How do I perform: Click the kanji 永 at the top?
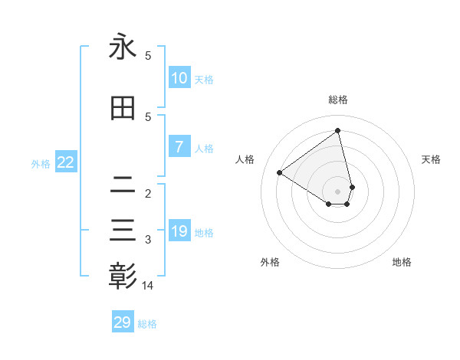[x=123, y=47]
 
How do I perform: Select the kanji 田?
[x=123, y=109]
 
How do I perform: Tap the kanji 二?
[x=123, y=184]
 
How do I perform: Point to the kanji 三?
[x=123, y=230]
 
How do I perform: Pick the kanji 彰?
[x=123, y=276]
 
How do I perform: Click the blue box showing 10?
[x=179, y=78]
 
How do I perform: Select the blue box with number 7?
[x=179, y=147]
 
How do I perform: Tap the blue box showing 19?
[x=179, y=231]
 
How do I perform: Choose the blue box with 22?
[x=66, y=162]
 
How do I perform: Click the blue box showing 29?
[x=123, y=322]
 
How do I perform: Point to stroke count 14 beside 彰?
[x=148, y=286]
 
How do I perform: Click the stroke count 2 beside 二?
[x=148, y=193]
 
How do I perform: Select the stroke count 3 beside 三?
[x=148, y=240]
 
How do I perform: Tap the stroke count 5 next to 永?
[x=148, y=56]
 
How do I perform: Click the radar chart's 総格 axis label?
[x=338, y=100]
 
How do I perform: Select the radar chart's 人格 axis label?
[x=245, y=159]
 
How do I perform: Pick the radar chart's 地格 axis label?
[x=402, y=262]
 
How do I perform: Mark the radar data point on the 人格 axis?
[x=280, y=173]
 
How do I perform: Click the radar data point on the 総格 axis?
[x=338, y=130]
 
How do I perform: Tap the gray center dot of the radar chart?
[x=338, y=191]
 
